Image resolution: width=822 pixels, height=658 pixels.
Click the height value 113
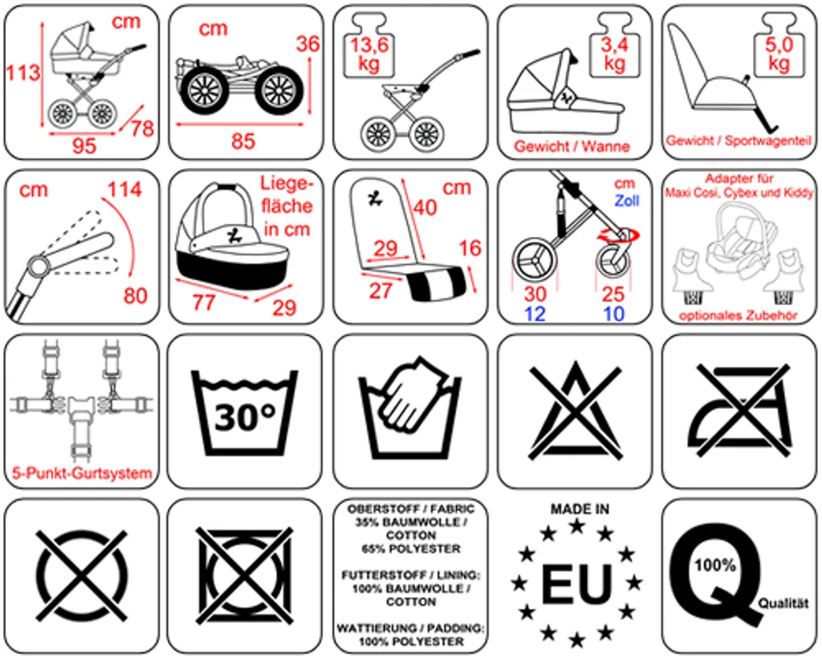coord(23,73)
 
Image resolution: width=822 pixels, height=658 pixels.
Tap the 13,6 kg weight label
coord(368,53)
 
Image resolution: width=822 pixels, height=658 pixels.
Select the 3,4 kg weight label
coord(614,53)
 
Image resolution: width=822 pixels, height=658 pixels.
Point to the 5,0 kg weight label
coord(778,55)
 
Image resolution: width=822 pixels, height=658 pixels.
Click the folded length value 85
coord(243,141)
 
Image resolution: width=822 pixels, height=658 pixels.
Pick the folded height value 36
coord(307,44)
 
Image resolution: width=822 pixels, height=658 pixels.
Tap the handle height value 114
coord(124,190)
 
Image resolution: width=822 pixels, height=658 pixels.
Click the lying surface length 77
coord(205,302)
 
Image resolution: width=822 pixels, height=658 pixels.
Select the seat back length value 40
coord(425,207)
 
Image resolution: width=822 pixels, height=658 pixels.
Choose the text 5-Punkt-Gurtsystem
coord(82,473)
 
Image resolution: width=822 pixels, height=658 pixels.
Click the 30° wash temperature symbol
coord(244,415)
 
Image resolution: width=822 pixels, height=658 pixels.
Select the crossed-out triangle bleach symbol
coord(575,411)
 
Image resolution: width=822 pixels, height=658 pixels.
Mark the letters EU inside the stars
coord(576,584)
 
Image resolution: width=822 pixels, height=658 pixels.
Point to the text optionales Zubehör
coord(738,316)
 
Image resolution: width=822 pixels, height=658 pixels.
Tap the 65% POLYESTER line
coord(410,549)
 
